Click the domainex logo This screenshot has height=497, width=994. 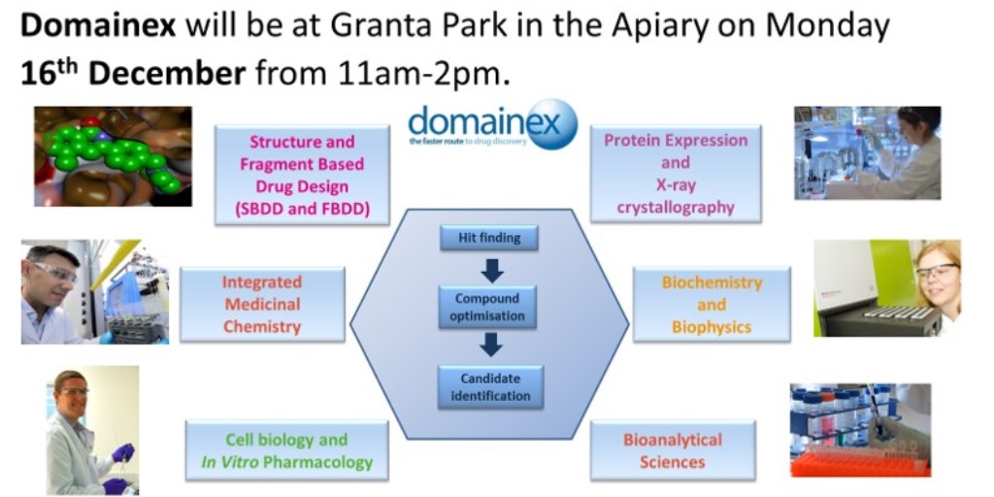pos(492,125)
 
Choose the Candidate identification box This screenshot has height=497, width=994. pos(489,386)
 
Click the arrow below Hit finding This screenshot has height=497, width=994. pos(491,270)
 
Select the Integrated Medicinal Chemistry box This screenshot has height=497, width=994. pos(262,304)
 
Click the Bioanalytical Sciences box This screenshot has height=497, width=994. pos(672,450)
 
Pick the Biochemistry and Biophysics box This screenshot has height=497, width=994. pos(712,304)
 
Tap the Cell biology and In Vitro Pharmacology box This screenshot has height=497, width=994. pos(286,450)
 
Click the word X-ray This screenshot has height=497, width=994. pos(676,184)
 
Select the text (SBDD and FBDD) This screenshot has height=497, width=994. pos(302,207)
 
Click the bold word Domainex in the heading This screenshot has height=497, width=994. pos(98,26)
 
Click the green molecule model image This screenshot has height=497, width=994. pos(113,156)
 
